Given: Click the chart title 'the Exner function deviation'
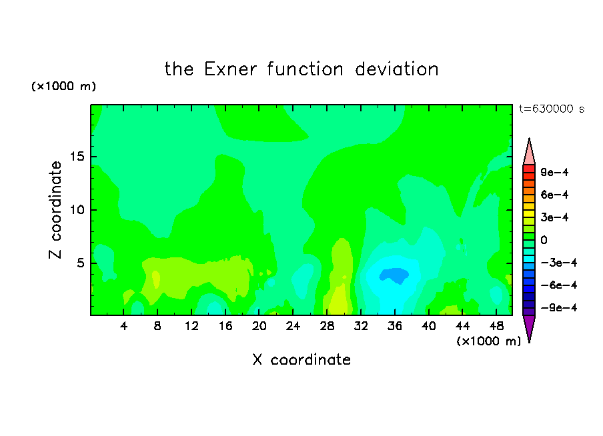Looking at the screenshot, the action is [301, 69].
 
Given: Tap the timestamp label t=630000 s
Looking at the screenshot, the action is [552, 109].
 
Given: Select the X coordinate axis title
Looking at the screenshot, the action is [301, 359].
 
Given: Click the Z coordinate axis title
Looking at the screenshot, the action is [55, 210].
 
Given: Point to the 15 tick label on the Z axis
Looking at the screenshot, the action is [77, 157].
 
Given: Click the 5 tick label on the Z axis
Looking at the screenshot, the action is [81, 263].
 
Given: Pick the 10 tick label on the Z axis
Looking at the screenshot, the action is [77, 210].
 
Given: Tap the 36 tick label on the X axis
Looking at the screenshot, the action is [395, 326].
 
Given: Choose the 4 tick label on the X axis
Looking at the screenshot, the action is [123, 326].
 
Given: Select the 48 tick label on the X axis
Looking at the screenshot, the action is [496, 326].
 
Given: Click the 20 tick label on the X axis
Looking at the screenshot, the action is [259, 326].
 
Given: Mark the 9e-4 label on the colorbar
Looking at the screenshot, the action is [554, 172].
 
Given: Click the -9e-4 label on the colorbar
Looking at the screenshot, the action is [559, 307].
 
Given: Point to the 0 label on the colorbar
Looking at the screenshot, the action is [544, 240].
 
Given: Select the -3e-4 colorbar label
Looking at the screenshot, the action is [559, 263].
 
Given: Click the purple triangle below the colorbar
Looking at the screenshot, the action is [529, 327].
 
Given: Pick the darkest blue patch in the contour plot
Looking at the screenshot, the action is [394, 275].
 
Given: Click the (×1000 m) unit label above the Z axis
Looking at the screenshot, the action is [64, 86].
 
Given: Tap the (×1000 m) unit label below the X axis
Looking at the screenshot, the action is [488, 341].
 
